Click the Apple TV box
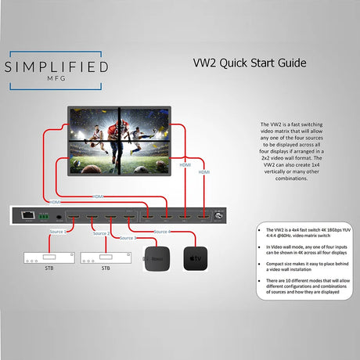coord(195,258)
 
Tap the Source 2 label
coord(101,233)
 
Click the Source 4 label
coord(164,231)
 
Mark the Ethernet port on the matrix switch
coord(29,212)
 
